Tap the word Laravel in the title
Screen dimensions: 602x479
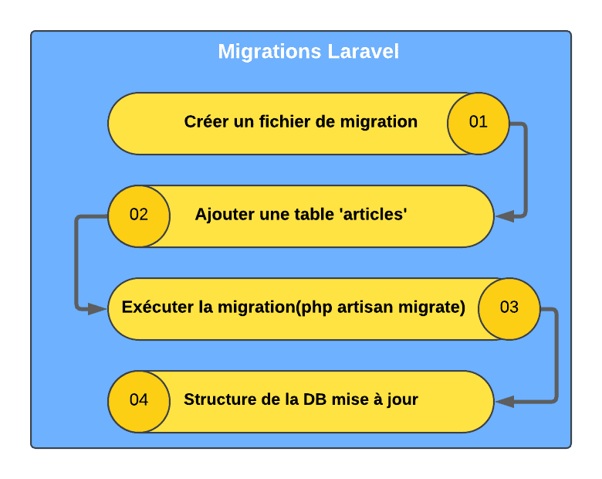(x=364, y=51)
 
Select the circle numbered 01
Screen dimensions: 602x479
(x=479, y=124)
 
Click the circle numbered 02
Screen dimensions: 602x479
(x=139, y=216)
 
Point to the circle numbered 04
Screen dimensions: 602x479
(x=139, y=401)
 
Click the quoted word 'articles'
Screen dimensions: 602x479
(x=374, y=214)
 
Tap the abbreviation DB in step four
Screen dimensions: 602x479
(x=315, y=399)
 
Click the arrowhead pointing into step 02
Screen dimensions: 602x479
(x=505, y=216)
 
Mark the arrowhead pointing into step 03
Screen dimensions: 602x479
(x=96, y=309)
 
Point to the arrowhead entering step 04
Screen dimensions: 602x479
(x=505, y=401)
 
